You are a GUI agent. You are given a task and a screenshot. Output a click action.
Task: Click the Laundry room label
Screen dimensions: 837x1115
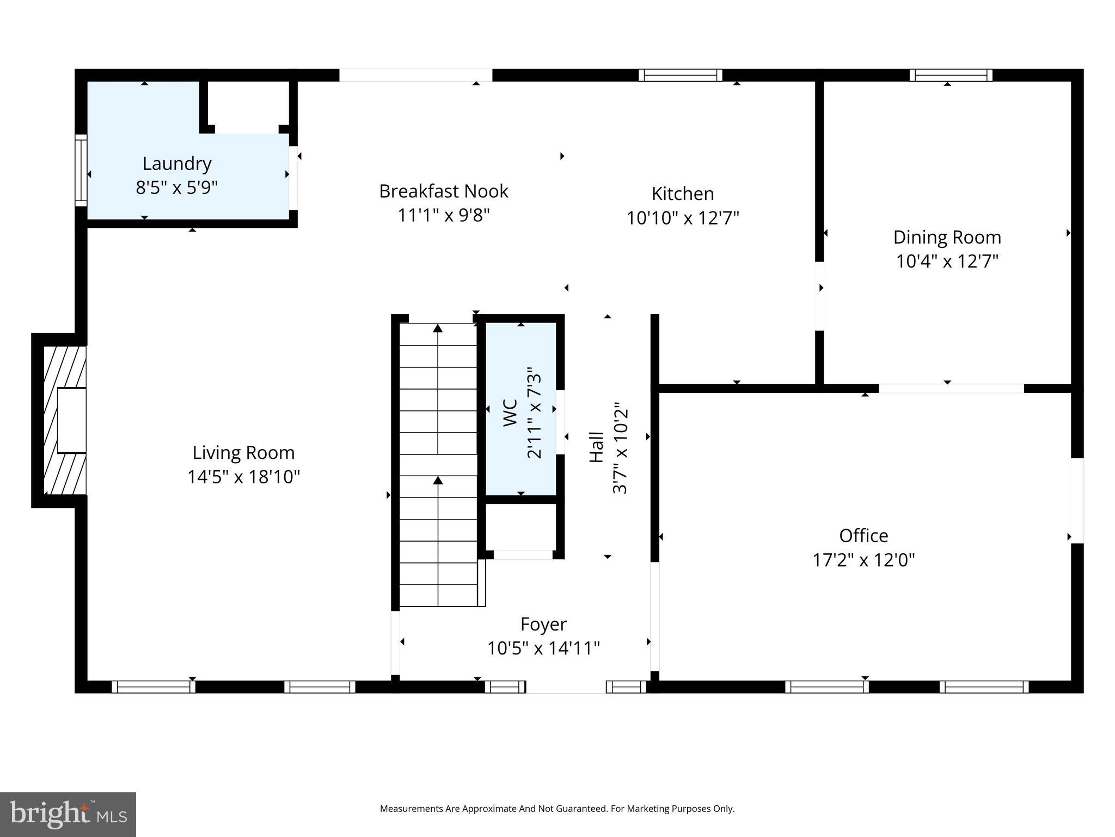point(176,163)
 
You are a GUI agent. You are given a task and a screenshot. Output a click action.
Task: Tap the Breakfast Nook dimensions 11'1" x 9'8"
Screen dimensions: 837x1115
point(444,215)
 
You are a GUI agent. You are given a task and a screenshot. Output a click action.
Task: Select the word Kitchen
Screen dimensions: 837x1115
point(682,193)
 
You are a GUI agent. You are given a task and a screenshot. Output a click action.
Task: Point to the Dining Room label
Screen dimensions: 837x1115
point(947,237)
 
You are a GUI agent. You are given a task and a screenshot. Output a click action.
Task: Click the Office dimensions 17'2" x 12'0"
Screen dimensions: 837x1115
point(863,560)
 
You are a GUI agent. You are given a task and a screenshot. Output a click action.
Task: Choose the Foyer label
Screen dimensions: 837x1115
point(543,624)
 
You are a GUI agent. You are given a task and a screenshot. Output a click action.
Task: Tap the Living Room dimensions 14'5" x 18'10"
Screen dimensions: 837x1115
point(243,477)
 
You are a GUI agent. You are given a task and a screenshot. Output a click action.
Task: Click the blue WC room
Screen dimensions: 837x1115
point(520,409)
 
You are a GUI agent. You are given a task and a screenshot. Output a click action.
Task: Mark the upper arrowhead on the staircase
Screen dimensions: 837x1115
point(438,328)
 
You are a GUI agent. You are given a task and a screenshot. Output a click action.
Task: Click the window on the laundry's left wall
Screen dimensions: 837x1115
point(81,170)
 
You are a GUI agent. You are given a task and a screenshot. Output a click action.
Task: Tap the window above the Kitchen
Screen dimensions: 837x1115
point(680,75)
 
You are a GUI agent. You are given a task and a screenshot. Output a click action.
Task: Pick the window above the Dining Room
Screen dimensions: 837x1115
point(951,75)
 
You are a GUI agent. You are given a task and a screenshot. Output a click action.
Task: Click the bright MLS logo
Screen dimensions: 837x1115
point(68,814)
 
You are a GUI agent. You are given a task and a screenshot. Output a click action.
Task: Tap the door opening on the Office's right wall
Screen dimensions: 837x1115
point(1077,500)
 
